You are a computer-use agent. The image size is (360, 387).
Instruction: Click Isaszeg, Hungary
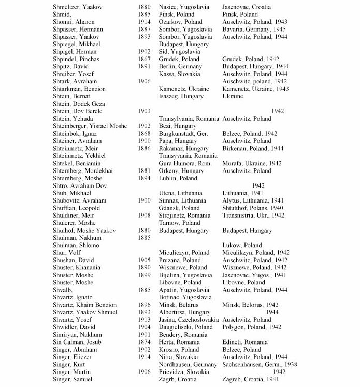181,96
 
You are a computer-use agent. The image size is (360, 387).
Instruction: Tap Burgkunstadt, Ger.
183,134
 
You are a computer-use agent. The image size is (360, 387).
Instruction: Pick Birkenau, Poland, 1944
252,148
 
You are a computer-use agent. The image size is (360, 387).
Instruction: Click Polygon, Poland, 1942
251,327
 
